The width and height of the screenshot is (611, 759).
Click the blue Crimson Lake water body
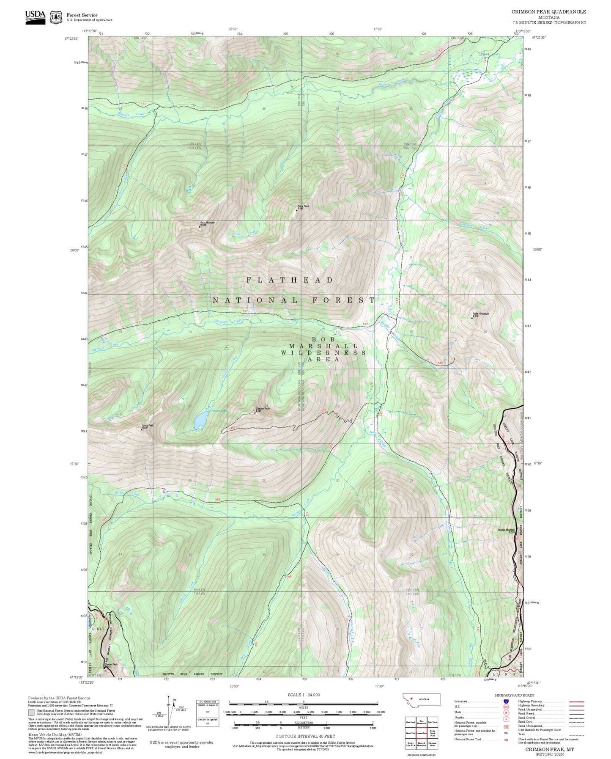[200, 421]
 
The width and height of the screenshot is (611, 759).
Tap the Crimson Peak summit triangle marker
[255, 412]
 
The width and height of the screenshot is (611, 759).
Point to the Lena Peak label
[148, 426]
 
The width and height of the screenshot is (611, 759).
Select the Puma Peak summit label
[303, 206]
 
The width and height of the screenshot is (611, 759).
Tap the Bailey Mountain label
[481, 314]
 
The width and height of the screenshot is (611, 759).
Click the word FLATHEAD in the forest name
[290, 280]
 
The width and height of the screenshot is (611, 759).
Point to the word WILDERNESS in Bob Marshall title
[323, 352]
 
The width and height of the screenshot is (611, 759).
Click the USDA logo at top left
[35, 16]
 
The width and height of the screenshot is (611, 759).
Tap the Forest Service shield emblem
[56, 17]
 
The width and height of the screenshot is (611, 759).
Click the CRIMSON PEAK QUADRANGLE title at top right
[548, 12]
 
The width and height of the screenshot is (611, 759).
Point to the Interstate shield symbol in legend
[506, 701]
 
